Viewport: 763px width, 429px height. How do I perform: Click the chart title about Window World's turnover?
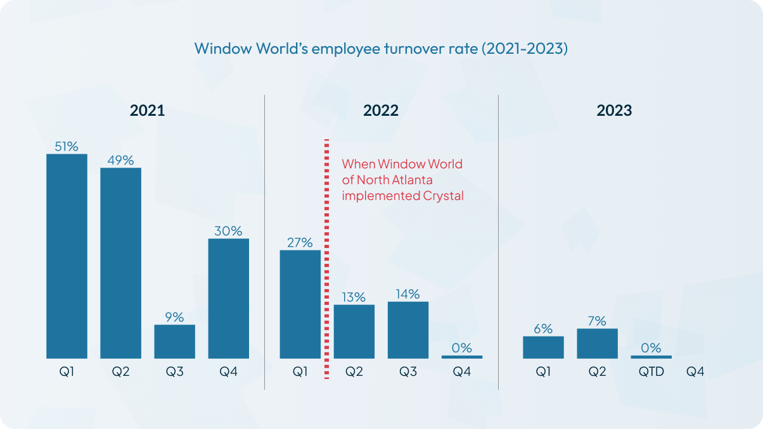(x=381, y=49)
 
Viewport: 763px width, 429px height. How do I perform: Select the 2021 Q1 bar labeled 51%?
(x=67, y=256)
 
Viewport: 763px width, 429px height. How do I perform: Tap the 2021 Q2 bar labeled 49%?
(x=120, y=263)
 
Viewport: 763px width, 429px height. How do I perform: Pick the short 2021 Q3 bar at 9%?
(x=174, y=342)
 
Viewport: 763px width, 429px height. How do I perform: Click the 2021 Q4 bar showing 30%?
(x=228, y=299)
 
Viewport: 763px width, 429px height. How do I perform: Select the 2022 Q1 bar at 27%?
(x=300, y=304)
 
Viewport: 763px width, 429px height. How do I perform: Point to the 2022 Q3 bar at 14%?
(x=408, y=330)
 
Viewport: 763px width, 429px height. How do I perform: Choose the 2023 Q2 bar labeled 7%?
(x=597, y=344)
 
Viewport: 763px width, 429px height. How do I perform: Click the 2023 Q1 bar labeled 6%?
(x=543, y=347)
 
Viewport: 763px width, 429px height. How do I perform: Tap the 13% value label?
(x=354, y=297)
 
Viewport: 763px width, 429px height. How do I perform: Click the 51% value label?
(x=67, y=146)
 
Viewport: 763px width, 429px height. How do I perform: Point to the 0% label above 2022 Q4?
(x=462, y=347)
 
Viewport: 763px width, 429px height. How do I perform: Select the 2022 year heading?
(x=381, y=111)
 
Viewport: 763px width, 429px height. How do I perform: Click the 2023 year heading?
(x=614, y=111)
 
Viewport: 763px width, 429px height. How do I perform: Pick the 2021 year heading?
(x=147, y=111)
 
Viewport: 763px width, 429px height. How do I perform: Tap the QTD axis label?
(x=651, y=372)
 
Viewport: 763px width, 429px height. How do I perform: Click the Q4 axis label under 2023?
(x=695, y=372)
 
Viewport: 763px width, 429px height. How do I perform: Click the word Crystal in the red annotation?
(x=442, y=196)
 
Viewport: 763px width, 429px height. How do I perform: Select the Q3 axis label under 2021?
(x=174, y=372)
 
